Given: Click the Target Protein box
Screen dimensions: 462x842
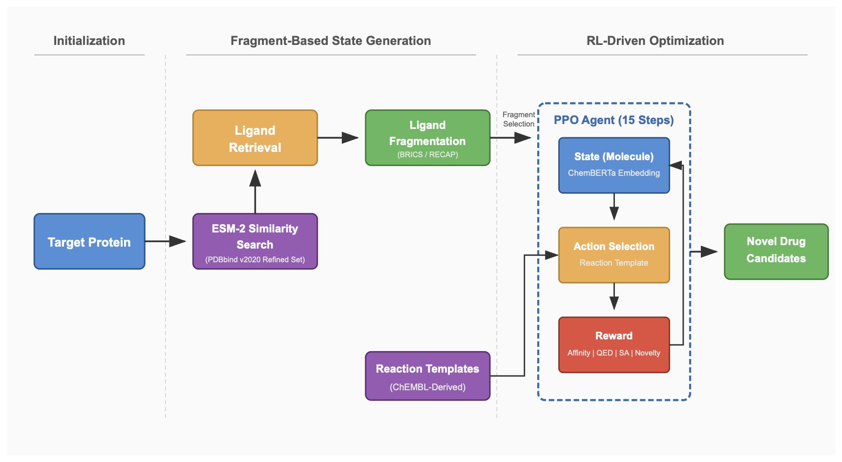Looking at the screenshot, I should point(89,241).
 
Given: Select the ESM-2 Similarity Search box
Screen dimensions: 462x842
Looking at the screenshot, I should point(255,241).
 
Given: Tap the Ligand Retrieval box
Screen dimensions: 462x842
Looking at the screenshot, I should point(255,138).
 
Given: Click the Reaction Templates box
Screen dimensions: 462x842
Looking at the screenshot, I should point(427,376).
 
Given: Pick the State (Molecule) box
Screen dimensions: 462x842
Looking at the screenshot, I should point(614,165).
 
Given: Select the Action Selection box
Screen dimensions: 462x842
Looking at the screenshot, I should point(614,255).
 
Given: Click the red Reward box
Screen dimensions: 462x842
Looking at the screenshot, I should point(614,345).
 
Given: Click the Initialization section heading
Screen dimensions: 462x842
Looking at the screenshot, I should point(89,41).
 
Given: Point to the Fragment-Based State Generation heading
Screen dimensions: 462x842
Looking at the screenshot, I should point(331,41).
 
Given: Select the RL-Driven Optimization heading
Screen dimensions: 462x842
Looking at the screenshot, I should point(655,41).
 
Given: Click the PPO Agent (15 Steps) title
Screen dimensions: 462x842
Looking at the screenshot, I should point(613,120).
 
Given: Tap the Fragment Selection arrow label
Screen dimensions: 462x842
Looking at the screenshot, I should point(519,119).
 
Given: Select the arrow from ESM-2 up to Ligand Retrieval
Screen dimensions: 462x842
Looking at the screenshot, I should point(255,190).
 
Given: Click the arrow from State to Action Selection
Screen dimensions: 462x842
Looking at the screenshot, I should point(614,207).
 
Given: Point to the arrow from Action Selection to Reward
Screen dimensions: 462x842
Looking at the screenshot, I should point(614,297).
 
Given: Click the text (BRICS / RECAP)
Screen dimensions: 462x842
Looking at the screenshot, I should point(427,155).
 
